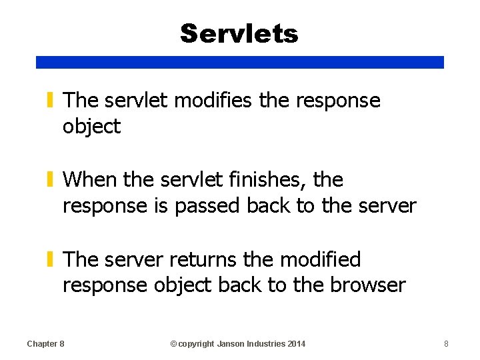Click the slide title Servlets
click(x=239, y=33)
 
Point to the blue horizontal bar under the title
click(x=239, y=62)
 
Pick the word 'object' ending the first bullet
click(x=91, y=127)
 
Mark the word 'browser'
click(x=367, y=285)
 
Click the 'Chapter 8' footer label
click(x=45, y=343)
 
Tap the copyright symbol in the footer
click(x=173, y=343)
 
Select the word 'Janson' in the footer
click(x=233, y=343)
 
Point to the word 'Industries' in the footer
click(x=268, y=343)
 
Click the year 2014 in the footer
click(x=297, y=343)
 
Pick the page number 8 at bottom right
click(x=447, y=343)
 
